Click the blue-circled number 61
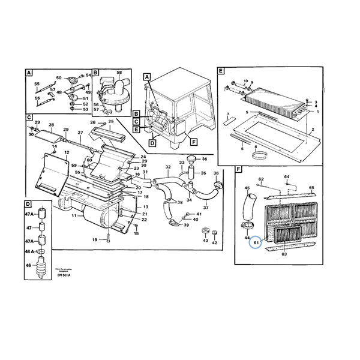[255, 242]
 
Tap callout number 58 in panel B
[119, 73]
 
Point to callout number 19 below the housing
[94, 240]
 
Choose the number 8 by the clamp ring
[255, 147]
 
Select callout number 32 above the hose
[168, 166]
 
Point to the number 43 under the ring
[205, 241]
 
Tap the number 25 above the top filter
[110, 122]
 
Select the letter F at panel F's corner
[239, 170]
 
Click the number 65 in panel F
[311, 188]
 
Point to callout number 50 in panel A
[58, 78]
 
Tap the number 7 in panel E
[228, 113]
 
